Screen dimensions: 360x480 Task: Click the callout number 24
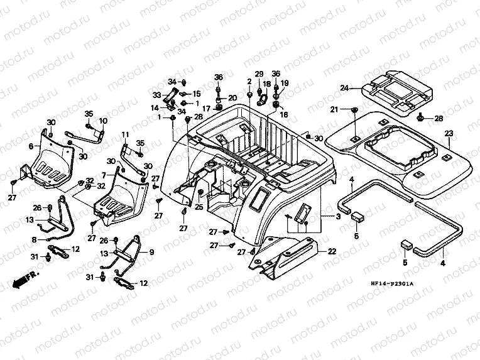click(x=344, y=87)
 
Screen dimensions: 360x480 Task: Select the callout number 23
click(x=449, y=133)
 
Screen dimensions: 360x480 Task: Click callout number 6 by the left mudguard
click(x=30, y=146)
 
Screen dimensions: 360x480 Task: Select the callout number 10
click(x=103, y=121)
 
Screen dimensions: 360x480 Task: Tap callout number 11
click(x=125, y=134)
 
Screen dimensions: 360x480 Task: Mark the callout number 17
click(x=206, y=108)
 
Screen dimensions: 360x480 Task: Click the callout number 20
click(x=232, y=97)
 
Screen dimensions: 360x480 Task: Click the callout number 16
click(x=283, y=115)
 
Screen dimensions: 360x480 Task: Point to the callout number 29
click(x=258, y=74)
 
